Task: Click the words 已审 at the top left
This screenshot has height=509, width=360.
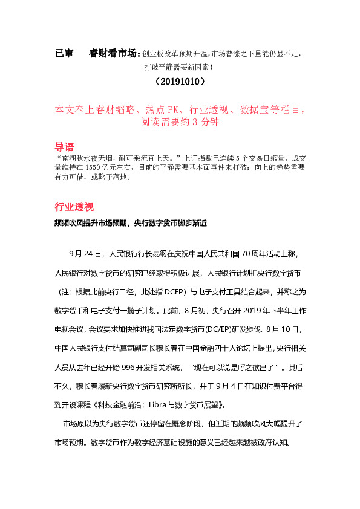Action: click(x=64, y=53)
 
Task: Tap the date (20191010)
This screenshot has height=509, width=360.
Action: click(x=180, y=80)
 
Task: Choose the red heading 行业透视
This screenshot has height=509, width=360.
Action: click(x=74, y=207)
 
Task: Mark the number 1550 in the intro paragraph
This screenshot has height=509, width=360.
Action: click(x=94, y=165)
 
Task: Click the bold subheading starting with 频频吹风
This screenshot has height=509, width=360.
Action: click(x=129, y=223)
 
